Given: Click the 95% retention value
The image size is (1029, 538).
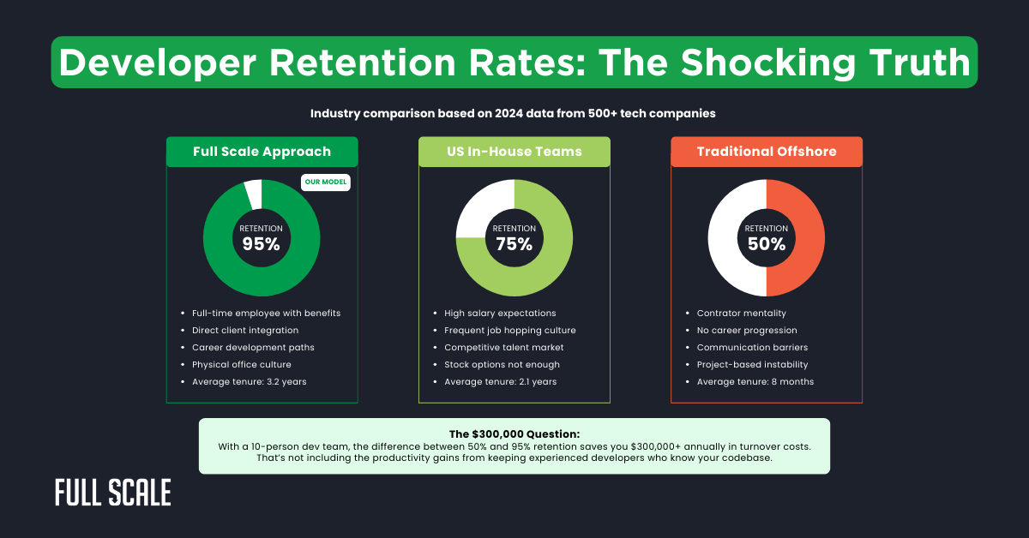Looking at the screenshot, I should (x=261, y=244).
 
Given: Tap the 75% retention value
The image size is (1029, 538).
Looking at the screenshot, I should (x=514, y=244).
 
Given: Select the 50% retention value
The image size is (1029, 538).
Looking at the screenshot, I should (x=766, y=244).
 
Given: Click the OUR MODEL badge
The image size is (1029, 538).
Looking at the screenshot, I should (x=326, y=182).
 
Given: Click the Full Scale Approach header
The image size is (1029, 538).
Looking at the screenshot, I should (x=262, y=152).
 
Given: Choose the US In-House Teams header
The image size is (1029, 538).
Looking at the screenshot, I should (x=514, y=152).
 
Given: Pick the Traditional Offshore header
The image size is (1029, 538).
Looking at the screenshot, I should (x=766, y=152).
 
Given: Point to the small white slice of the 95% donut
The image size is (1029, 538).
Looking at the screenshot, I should (x=253, y=193).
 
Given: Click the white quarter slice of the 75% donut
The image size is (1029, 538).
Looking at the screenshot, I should (x=480, y=206).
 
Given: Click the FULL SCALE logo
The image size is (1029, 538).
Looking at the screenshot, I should (x=112, y=493).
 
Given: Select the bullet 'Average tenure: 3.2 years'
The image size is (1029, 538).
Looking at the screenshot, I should (x=249, y=381).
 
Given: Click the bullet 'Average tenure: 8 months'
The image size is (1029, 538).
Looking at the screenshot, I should (x=755, y=381).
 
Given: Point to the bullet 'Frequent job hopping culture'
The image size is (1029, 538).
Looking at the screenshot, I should (x=509, y=330).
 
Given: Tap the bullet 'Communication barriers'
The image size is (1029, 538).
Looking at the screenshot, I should (x=752, y=347).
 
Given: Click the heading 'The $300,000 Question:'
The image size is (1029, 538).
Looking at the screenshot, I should (x=514, y=433).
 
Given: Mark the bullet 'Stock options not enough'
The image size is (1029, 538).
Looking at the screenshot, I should (x=502, y=364).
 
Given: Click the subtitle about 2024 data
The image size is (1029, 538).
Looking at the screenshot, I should (x=514, y=113).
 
